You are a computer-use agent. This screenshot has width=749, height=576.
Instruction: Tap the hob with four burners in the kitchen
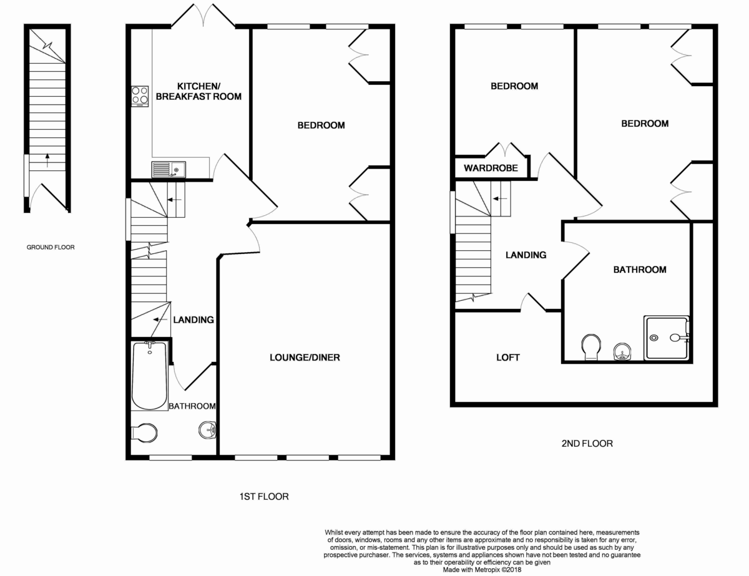coord(140,95)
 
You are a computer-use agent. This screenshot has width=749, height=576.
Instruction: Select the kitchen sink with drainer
coord(168,168)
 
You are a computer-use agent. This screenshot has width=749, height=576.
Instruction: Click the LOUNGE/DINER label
coord(305,358)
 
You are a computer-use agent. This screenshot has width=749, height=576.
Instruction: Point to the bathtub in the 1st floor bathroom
coord(149,374)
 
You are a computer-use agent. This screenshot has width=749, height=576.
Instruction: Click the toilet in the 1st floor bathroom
coord(145,432)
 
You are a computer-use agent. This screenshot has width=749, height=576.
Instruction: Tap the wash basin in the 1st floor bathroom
coord(208,429)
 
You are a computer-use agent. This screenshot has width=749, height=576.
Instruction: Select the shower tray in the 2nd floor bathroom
coord(667,338)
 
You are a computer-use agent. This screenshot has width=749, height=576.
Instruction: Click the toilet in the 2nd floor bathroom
coord(590,347)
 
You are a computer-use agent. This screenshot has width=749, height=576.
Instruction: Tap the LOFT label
coord(507,358)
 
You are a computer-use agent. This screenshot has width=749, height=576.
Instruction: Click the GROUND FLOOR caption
coord(51,247)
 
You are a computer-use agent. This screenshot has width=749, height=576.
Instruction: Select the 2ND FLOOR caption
coord(586,444)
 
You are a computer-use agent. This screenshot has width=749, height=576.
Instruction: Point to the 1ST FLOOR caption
coord(264,497)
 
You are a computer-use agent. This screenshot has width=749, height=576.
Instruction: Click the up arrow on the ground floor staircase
coord(46,160)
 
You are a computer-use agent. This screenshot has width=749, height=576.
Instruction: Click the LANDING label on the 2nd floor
coord(526,255)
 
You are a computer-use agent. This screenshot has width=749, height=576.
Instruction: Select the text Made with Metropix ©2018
coord(482,569)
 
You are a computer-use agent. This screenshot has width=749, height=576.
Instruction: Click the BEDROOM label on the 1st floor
coord(321,125)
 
